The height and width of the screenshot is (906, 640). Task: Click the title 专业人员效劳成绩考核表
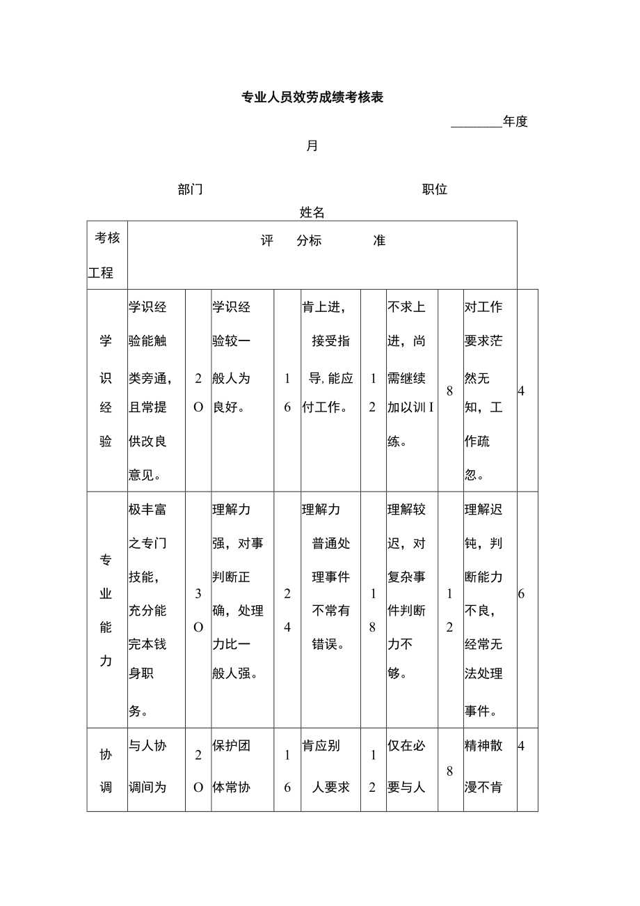coord(312,97)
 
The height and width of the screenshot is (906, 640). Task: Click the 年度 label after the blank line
coord(515,122)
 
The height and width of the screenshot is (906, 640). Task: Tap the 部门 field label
coord(190,189)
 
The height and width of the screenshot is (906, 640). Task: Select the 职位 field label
coord(435,189)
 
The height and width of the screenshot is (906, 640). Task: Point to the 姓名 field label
coord(312,212)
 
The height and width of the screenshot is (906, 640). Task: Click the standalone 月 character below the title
coord(312,146)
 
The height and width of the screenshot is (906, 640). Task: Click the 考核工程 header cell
coord(106,255)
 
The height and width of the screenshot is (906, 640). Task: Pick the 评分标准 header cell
coord(322,241)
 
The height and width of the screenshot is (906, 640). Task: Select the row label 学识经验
coord(106,391)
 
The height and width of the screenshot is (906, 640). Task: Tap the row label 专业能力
coord(106,610)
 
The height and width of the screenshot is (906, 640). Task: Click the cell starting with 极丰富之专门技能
coord(156,610)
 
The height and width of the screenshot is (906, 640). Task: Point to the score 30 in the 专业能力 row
coord(198,610)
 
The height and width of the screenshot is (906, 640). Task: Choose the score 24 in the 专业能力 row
coord(287,610)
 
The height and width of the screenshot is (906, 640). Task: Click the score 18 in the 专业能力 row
coord(373,610)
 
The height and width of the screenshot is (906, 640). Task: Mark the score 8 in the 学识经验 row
coord(450,391)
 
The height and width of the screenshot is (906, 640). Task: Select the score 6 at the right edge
coord(522,594)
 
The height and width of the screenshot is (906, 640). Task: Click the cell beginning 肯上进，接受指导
coord(330,358)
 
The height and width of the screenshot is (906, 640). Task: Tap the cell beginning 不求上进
coord(412,374)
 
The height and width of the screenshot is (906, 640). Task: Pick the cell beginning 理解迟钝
coord(490,610)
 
